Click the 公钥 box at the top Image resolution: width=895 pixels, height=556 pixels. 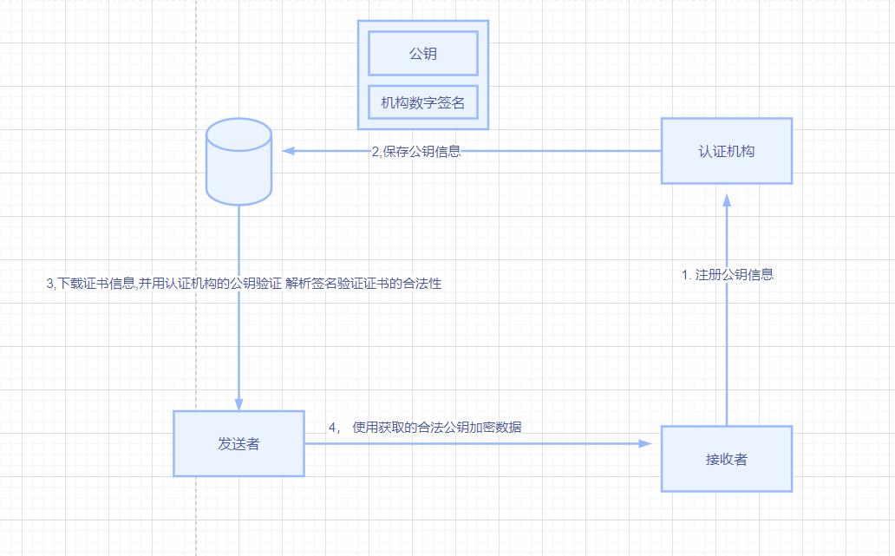[423, 54]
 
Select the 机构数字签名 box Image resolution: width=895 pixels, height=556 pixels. [423, 103]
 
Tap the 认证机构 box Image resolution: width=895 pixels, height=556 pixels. [727, 151]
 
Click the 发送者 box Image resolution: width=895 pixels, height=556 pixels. [238, 444]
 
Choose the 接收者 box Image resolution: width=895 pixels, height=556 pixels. [727, 459]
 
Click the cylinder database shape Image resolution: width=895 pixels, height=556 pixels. [238, 161]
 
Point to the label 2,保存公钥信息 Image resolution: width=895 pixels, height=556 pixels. [416, 151]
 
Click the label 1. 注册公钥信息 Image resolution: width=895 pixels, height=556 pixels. [727, 275]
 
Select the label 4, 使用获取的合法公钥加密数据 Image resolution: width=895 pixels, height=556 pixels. [425, 427]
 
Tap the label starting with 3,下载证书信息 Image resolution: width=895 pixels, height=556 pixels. [244, 284]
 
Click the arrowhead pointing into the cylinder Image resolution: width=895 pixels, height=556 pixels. [290, 151]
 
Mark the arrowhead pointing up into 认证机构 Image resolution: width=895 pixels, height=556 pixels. [727, 200]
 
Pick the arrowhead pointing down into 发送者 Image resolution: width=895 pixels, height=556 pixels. [238, 403]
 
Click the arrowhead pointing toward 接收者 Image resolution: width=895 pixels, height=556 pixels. [644, 443]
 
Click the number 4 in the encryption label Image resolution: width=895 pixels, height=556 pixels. [331, 427]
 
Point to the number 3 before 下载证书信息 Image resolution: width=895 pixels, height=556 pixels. [49, 284]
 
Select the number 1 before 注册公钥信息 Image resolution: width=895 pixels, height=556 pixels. [684, 275]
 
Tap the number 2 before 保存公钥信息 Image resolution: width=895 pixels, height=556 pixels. [376, 151]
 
